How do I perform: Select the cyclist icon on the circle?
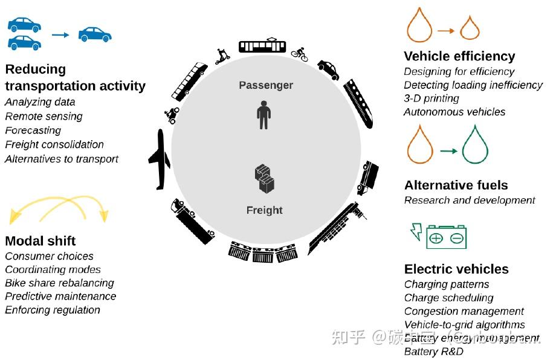pos(299,54)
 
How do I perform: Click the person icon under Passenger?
pos(263,115)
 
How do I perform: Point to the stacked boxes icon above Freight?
pos(265,179)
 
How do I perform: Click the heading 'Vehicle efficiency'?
pos(459,56)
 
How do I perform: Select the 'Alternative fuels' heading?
pos(456,185)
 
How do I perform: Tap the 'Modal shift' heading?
pos(40,241)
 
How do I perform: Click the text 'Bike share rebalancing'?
pos(59,283)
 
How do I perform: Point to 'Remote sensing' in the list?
pos(44,117)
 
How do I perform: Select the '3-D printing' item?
pos(432,98)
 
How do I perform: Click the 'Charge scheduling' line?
pos(448,298)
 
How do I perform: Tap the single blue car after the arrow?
pos(95,34)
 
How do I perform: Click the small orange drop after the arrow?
pos(470,28)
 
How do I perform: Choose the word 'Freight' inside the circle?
pos(264,210)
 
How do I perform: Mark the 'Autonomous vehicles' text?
pos(454,112)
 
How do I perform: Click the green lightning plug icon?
pos(416,231)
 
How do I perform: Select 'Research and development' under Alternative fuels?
pos(470,200)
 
